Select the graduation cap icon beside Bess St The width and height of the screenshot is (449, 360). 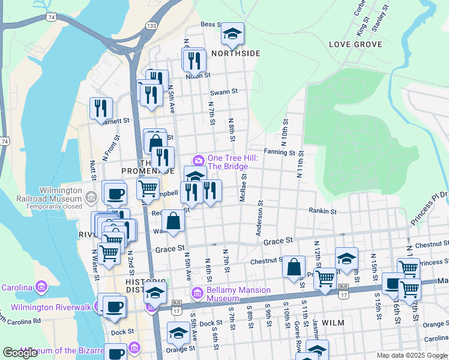coord(232,34)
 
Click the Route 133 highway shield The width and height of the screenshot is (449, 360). coord(152,26)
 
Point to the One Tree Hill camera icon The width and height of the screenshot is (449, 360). coord(199,160)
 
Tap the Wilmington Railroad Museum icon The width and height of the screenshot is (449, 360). coord(91,197)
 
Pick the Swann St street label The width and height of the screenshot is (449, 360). coord(224,92)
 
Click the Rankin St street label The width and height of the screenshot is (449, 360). coord(322,211)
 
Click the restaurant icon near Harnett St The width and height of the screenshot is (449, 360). coord(101,108)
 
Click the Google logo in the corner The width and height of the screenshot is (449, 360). coord(20,353)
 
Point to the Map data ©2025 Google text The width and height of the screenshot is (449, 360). coord(411,355)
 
